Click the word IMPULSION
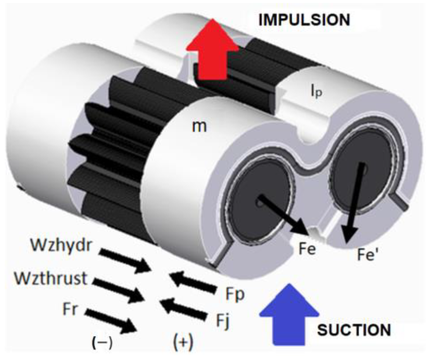(x=304, y=20)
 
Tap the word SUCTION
(x=354, y=330)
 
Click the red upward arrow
(x=212, y=49)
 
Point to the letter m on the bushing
(x=199, y=126)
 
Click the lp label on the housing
(x=316, y=92)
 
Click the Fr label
(x=70, y=309)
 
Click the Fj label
(x=223, y=321)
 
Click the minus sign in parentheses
(x=102, y=343)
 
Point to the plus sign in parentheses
(x=183, y=342)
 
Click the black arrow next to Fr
(x=111, y=321)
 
